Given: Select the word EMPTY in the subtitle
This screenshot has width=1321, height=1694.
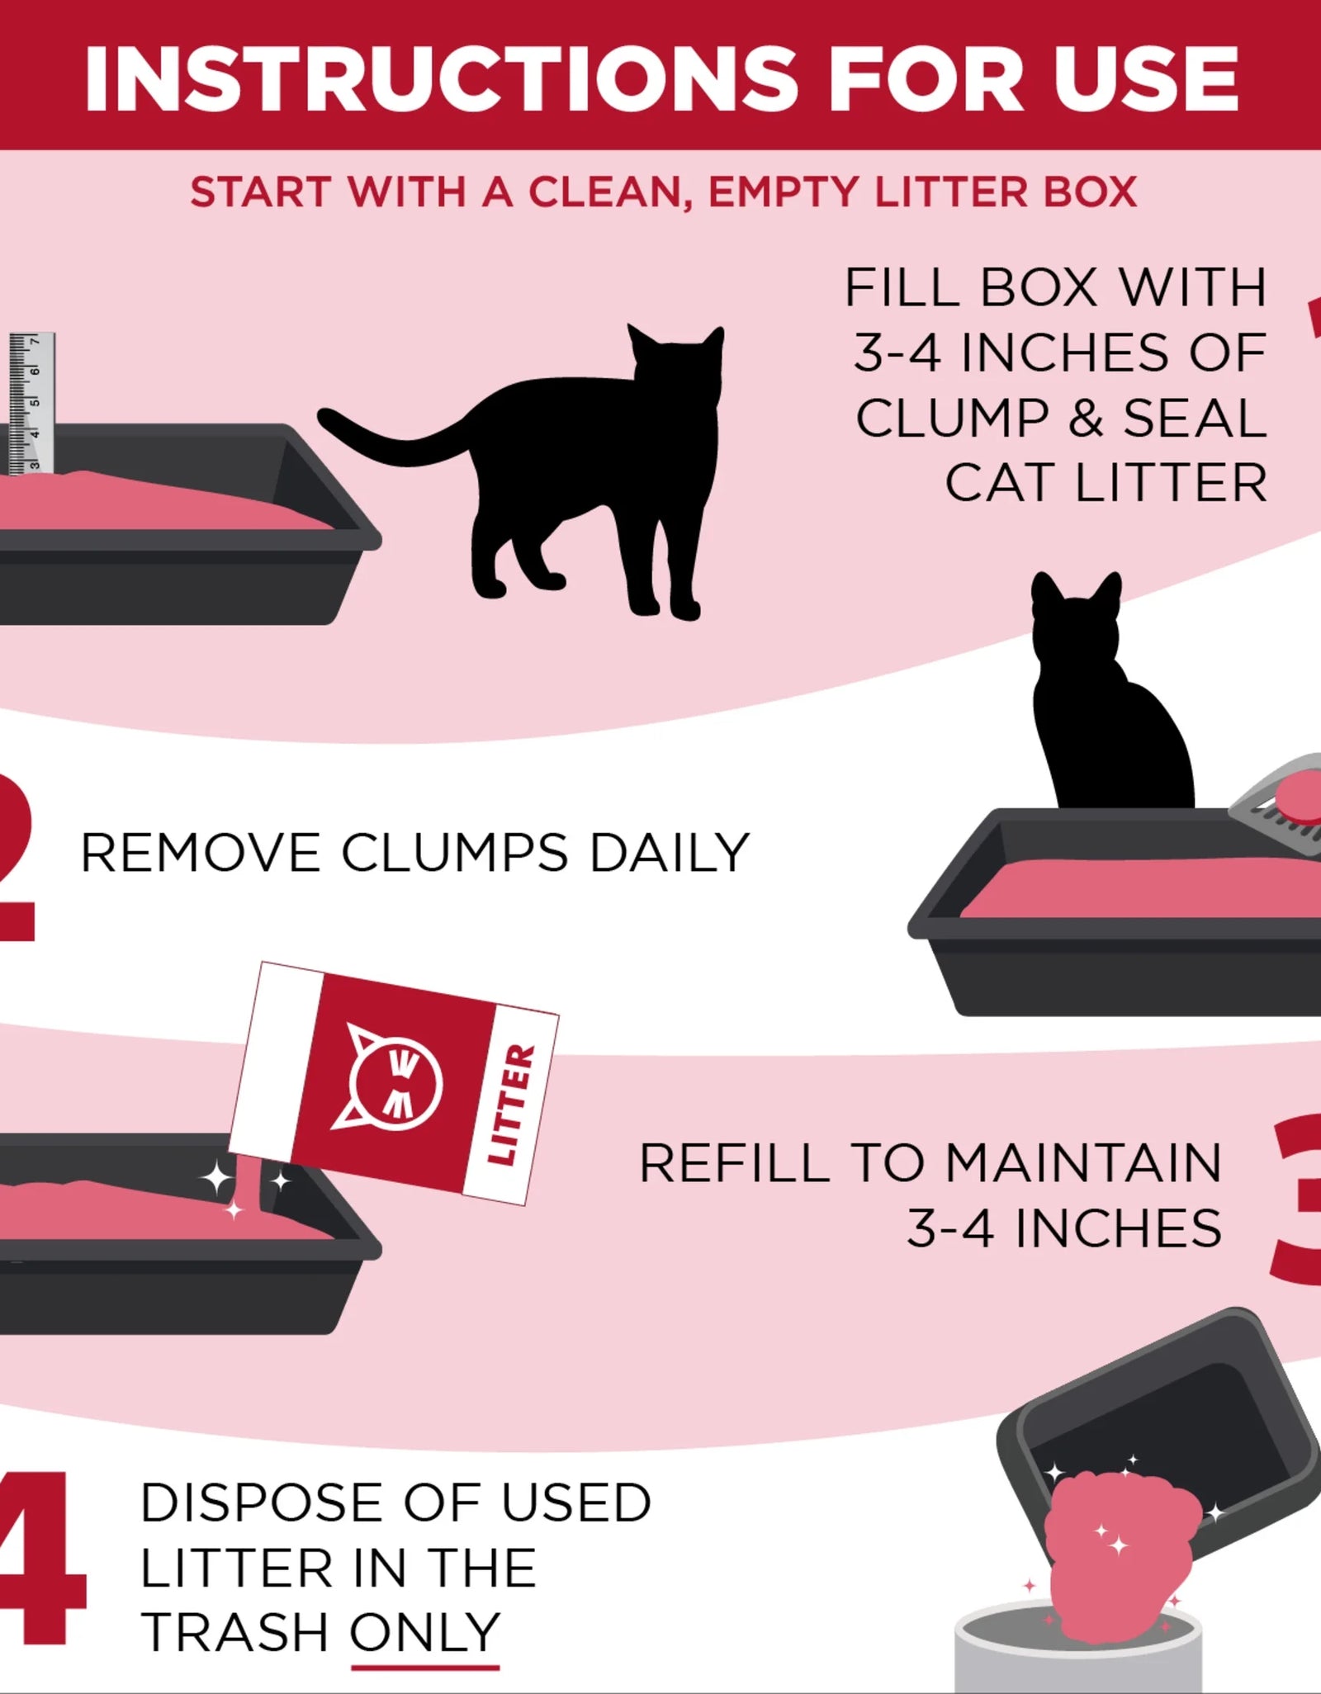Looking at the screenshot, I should [x=784, y=192].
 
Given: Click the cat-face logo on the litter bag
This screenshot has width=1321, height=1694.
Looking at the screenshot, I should [x=394, y=1082].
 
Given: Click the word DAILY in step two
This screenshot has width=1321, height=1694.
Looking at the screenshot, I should [x=669, y=852].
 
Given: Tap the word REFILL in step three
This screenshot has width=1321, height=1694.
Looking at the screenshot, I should [x=734, y=1163].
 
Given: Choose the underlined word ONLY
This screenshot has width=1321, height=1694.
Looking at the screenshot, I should [x=424, y=1632].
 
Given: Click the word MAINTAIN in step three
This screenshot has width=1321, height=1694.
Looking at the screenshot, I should [x=1082, y=1163].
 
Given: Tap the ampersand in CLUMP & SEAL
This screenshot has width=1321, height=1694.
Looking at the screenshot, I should [x=1087, y=418].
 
